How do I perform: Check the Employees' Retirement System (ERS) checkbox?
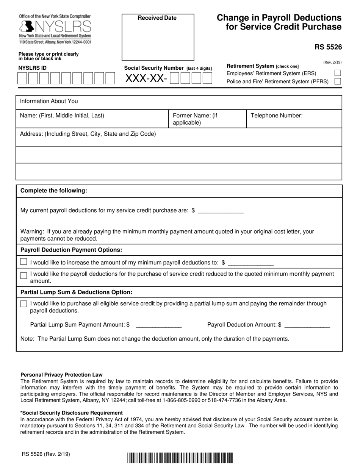[x=338, y=73]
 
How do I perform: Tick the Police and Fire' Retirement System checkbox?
[x=338, y=81]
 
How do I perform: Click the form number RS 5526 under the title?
[x=328, y=47]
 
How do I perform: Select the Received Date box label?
[x=157, y=18]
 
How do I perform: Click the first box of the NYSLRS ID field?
[x=22, y=78]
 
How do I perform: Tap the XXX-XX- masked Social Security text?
[x=146, y=78]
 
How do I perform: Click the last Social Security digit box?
[x=207, y=78]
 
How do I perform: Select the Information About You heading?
[x=49, y=101]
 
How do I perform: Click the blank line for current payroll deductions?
[x=221, y=211]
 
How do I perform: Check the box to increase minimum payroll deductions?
[x=24, y=262]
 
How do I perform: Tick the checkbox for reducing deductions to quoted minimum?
[x=24, y=275]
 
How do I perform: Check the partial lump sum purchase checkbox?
[x=24, y=304]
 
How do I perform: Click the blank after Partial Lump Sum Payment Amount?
[x=158, y=325]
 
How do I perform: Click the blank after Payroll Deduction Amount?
[x=307, y=325]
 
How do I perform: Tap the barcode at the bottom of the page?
[x=180, y=458]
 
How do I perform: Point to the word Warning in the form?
[x=31, y=231]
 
